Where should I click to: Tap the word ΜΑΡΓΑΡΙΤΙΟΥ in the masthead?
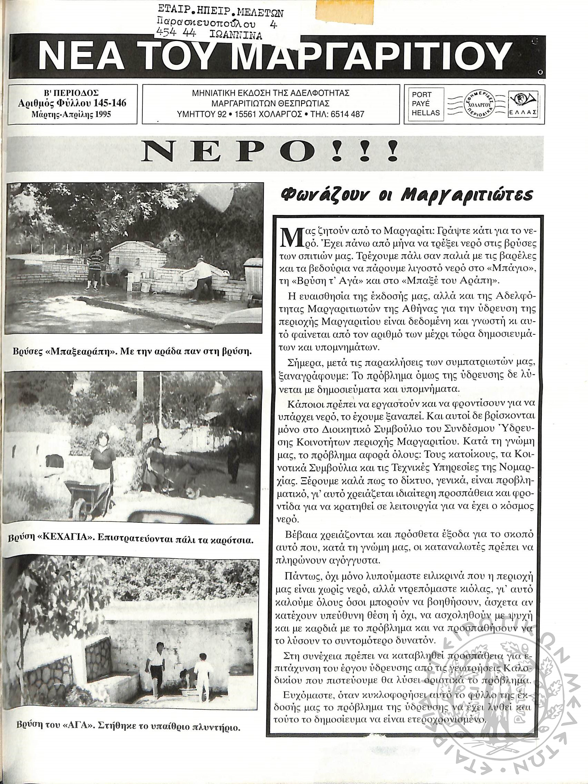[x=372, y=57]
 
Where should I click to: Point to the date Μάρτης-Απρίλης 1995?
[x=71, y=114]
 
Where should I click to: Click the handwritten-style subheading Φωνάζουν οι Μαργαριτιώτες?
[x=406, y=195]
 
